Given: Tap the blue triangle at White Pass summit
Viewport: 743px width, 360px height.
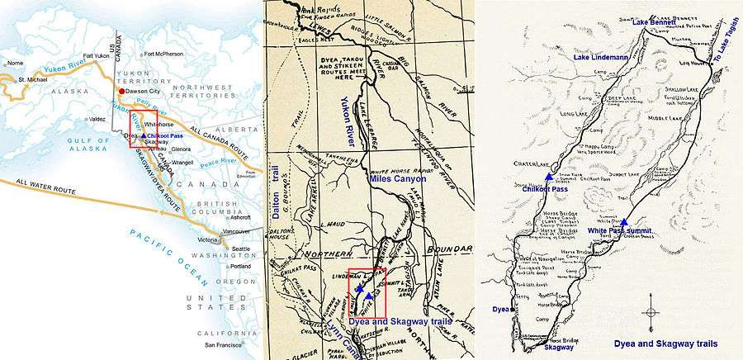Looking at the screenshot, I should pos(624,221).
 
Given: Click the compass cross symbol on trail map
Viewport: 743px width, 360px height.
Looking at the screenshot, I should pos(652,313).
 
